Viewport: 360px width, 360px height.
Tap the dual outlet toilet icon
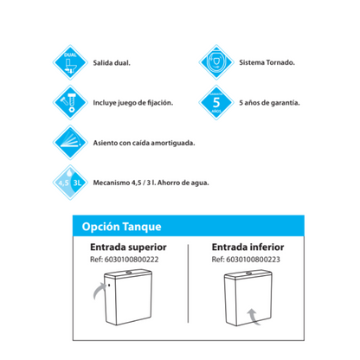[x=71, y=64]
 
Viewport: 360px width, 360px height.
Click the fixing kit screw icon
[x=71, y=102]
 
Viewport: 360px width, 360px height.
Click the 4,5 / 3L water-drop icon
[x=71, y=183]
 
